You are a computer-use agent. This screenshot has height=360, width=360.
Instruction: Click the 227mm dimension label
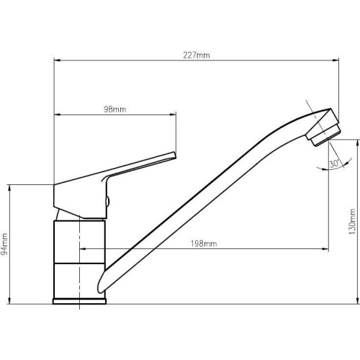[x=197, y=55]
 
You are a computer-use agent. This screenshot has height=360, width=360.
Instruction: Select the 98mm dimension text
[x=114, y=109]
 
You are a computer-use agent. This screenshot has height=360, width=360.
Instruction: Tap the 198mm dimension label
[x=204, y=244]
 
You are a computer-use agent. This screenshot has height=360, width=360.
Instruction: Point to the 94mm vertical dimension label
[x=4, y=244]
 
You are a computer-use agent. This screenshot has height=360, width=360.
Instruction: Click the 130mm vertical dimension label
[x=352, y=222]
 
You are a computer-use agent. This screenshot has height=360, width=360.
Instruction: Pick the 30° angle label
[x=334, y=164]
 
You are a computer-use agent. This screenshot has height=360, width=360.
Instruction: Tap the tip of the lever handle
[x=174, y=155]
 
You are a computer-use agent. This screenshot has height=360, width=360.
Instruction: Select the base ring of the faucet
[x=79, y=302]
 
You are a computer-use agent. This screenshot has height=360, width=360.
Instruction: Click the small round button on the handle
[x=107, y=201]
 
